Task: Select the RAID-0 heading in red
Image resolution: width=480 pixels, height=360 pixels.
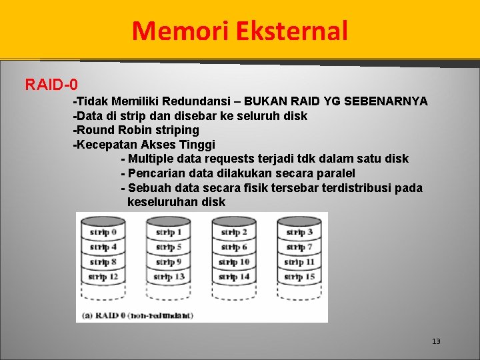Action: coord(51,85)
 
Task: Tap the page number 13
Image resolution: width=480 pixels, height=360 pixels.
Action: coord(436,341)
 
